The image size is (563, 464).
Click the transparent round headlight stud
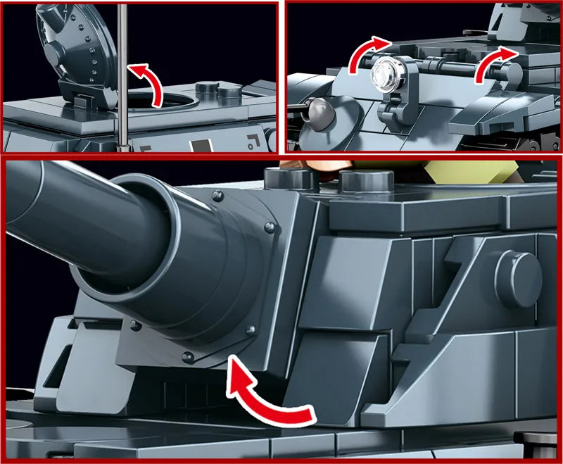click(386, 72)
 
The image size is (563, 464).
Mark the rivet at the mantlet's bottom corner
click(187, 356)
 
